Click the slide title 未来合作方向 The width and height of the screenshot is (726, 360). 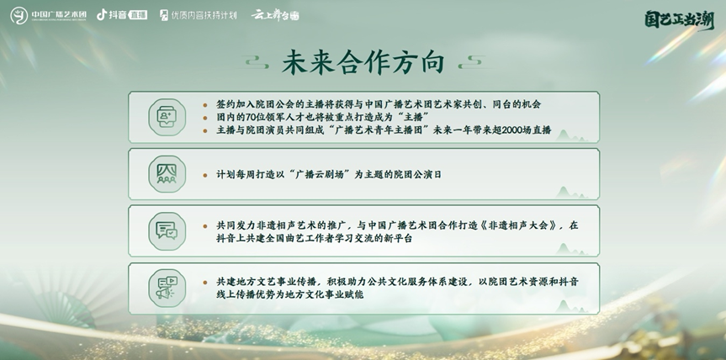pyautogui.click(x=363, y=62)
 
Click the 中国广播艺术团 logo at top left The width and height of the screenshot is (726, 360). pyautogui.click(x=48, y=15)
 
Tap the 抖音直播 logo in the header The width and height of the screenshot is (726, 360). pyautogui.click(x=122, y=15)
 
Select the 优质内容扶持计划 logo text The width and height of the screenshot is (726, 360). pyautogui.click(x=199, y=15)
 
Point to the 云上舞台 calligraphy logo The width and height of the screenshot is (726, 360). pyautogui.click(x=275, y=15)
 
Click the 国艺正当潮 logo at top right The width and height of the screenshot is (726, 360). pyautogui.click(x=679, y=20)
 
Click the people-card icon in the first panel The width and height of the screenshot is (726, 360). pyautogui.click(x=167, y=117)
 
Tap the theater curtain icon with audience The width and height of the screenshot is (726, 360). pyautogui.click(x=167, y=174)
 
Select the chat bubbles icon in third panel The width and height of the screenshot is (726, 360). pyautogui.click(x=167, y=231)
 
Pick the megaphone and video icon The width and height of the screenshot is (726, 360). pyautogui.click(x=167, y=289)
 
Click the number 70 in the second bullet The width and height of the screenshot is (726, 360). pyautogui.click(x=251, y=117)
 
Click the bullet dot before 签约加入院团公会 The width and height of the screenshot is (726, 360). pyautogui.click(x=205, y=105)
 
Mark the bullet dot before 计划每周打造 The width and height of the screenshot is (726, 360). pyautogui.click(x=205, y=175)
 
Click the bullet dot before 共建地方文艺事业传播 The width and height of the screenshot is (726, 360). pyautogui.click(x=205, y=283)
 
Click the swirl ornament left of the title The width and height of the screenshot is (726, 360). pyautogui.click(x=257, y=62)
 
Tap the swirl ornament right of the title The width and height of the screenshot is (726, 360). pyautogui.click(x=471, y=62)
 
